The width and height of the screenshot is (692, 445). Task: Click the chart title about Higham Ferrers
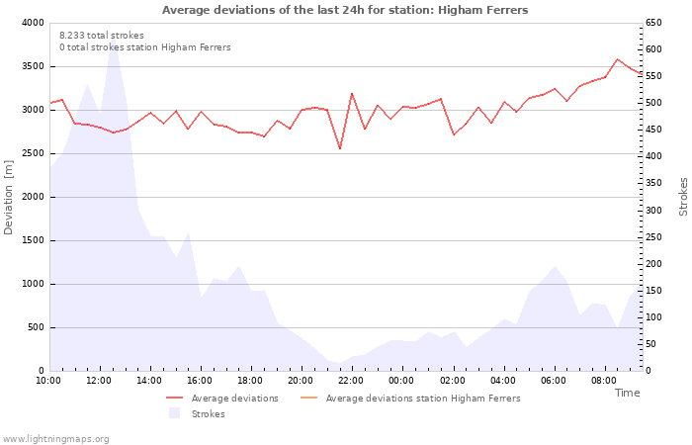[345, 10]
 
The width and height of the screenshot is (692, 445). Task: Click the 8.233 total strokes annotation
[101, 36]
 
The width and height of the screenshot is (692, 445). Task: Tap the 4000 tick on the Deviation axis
[32, 23]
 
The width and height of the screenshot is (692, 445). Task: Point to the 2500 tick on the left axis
[32, 153]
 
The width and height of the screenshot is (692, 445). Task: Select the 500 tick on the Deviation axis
[35, 327]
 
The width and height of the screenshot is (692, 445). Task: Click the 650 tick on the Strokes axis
[654, 23]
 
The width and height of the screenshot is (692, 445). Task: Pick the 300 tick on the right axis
[654, 211]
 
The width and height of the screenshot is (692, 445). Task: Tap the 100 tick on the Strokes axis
[654, 317]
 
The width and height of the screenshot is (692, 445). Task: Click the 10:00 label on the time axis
[48, 381]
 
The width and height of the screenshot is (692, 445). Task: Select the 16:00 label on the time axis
[201, 381]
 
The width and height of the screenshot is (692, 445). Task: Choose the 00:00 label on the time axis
[401, 381]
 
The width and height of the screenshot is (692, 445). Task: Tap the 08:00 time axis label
[604, 381]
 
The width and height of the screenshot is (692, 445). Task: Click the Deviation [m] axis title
[9, 197]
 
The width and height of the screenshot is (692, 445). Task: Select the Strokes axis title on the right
[683, 197]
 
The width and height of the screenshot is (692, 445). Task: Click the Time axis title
[627, 393]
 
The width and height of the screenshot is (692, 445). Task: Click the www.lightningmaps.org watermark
[56, 438]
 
